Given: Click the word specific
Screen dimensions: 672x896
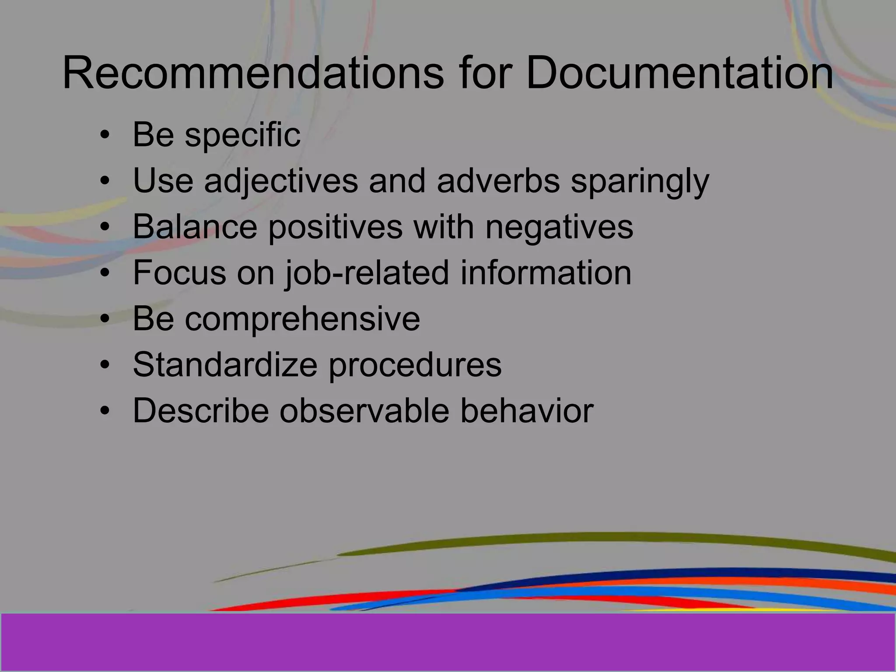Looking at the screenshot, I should click(243, 135).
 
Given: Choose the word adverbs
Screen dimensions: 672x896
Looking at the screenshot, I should click(498, 181).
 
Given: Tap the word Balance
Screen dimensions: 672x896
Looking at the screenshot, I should click(195, 227).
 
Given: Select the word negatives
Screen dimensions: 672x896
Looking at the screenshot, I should click(559, 227).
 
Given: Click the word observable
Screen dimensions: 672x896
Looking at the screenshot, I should click(364, 410).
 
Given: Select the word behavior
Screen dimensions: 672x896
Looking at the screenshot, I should click(527, 410).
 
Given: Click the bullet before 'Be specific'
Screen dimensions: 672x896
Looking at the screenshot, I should click(104, 135).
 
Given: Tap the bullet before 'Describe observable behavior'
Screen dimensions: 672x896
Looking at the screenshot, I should click(104, 411).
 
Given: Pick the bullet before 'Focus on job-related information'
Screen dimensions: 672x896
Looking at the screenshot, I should click(104, 273).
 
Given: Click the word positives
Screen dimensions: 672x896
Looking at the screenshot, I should click(335, 227).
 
